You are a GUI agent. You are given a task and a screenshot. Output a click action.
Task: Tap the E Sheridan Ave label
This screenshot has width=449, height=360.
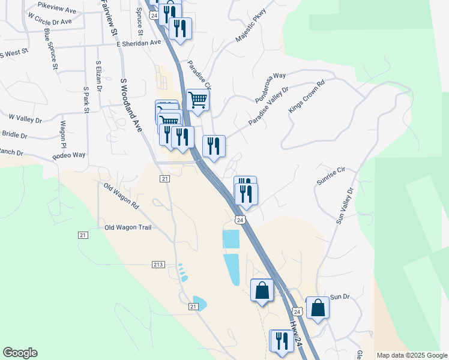click(139, 43)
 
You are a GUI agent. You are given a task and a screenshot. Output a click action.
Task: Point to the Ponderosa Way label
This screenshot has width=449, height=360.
click(270, 87)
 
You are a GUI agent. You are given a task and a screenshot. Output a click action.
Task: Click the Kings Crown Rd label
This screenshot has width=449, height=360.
click(306, 95)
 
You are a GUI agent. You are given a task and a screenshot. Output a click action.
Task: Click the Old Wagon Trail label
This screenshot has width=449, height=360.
click(128, 227)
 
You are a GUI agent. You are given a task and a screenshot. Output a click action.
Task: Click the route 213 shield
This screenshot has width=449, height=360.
click(158, 265)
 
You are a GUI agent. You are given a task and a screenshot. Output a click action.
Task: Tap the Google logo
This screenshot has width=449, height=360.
click(20, 353)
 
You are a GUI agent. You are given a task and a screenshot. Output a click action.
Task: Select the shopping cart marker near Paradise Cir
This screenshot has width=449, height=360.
click(197, 100)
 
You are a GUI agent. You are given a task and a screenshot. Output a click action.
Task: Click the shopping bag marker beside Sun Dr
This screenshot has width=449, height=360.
click(318, 308)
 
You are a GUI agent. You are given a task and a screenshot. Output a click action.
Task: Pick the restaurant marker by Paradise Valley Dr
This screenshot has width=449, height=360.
click(214, 146)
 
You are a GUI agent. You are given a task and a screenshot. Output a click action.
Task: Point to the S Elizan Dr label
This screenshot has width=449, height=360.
click(98, 75)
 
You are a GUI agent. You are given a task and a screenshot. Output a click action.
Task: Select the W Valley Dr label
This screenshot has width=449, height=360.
click(25, 119)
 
